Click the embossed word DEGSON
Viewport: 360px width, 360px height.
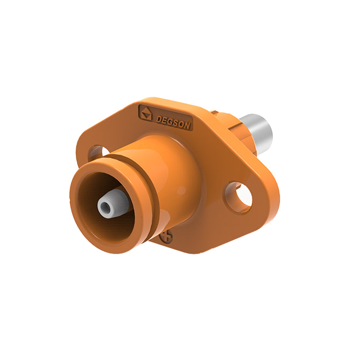tap(173, 122)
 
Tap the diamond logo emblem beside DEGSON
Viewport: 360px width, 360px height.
tap(146, 113)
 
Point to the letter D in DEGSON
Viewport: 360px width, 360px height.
tap(158, 119)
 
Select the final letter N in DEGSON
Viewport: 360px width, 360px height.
tap(187, 126)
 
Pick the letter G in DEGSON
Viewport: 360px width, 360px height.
tap(170, 122)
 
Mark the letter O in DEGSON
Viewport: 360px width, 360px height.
tap(182, 124)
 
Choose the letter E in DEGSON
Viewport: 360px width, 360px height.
tap(165, 121)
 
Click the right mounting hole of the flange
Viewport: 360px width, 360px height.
tap(238, 197)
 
